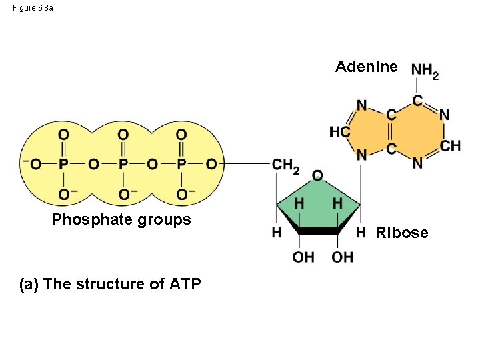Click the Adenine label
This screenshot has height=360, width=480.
[367, 67]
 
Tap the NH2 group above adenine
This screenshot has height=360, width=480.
[425, 70]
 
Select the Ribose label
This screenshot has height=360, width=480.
[402, 233]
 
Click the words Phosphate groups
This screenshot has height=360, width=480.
[121, 219]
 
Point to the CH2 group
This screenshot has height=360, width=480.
[285, 165]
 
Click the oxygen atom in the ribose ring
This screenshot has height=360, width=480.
[317, 175]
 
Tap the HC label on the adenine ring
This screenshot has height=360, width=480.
[339, 132]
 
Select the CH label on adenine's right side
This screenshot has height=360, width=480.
[451, 145]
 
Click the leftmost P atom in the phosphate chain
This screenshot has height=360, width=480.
[63, 164]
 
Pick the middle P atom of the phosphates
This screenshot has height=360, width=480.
[123, 164]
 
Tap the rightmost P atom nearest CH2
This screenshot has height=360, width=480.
[181, 164]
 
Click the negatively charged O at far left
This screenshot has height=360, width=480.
[33, 164]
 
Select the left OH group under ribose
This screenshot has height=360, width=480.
[303, 257]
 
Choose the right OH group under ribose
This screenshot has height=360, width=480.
[343, 257]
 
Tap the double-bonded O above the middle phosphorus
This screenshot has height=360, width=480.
[123, 135]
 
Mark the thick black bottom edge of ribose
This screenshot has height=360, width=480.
[319, 231]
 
